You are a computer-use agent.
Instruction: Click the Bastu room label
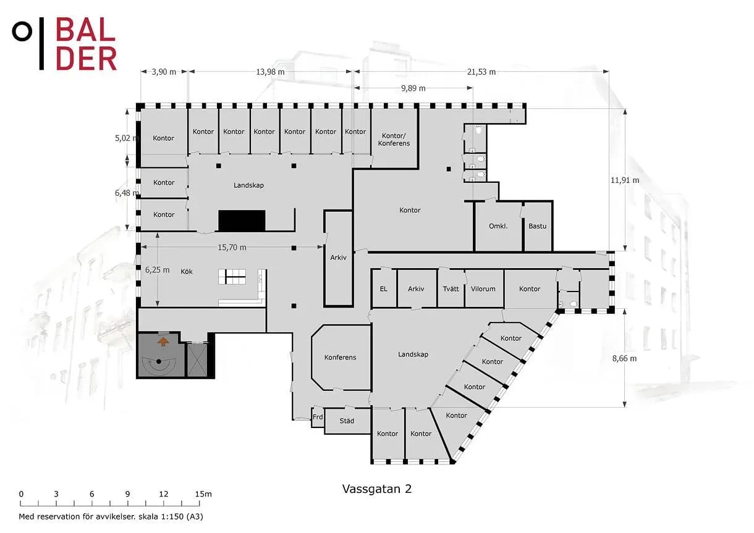(537, 226)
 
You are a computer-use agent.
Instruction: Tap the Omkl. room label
(498, 226)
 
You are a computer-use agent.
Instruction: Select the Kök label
(187, 271)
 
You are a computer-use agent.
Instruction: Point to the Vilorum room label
(483, 289)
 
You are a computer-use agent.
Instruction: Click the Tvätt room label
(451, 289)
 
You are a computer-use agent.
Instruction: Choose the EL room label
(383, 289)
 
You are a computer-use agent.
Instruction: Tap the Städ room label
(347, 421)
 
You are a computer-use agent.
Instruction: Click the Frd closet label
(318, 417)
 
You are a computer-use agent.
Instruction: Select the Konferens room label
(340, 357)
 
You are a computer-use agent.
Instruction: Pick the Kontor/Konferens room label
(394, 140)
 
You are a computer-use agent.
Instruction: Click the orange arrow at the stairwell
(163, 342)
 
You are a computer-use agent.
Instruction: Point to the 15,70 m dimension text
(232, 248)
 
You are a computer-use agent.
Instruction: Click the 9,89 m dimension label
(413, 88)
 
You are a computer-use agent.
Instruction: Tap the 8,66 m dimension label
(624, 358)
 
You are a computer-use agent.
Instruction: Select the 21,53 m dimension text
(481, 72)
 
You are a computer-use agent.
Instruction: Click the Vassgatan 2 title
(377, 489)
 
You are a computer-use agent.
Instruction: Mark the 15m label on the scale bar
(203, 494)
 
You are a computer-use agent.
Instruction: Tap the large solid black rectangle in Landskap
(242, 220)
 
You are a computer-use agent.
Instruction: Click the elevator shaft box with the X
(197, 359)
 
